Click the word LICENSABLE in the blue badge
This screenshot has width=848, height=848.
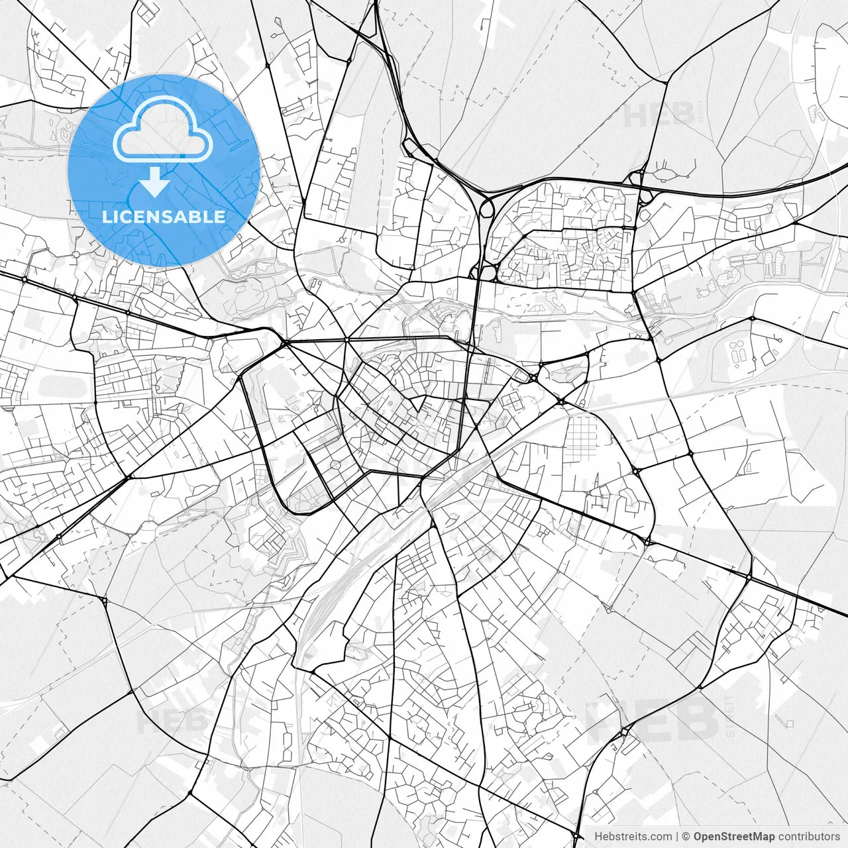[164, 217]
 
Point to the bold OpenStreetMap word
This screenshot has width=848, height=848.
[733, 837]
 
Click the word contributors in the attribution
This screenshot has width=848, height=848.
[809, 837]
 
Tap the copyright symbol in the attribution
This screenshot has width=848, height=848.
[686, 837]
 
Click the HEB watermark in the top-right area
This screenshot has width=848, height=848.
[659, 115]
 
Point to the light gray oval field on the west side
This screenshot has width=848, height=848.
[64, 385]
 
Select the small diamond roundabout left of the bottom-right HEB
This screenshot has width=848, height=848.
[624, 732]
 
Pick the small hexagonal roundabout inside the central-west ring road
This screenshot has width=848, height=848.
[336, 466]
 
